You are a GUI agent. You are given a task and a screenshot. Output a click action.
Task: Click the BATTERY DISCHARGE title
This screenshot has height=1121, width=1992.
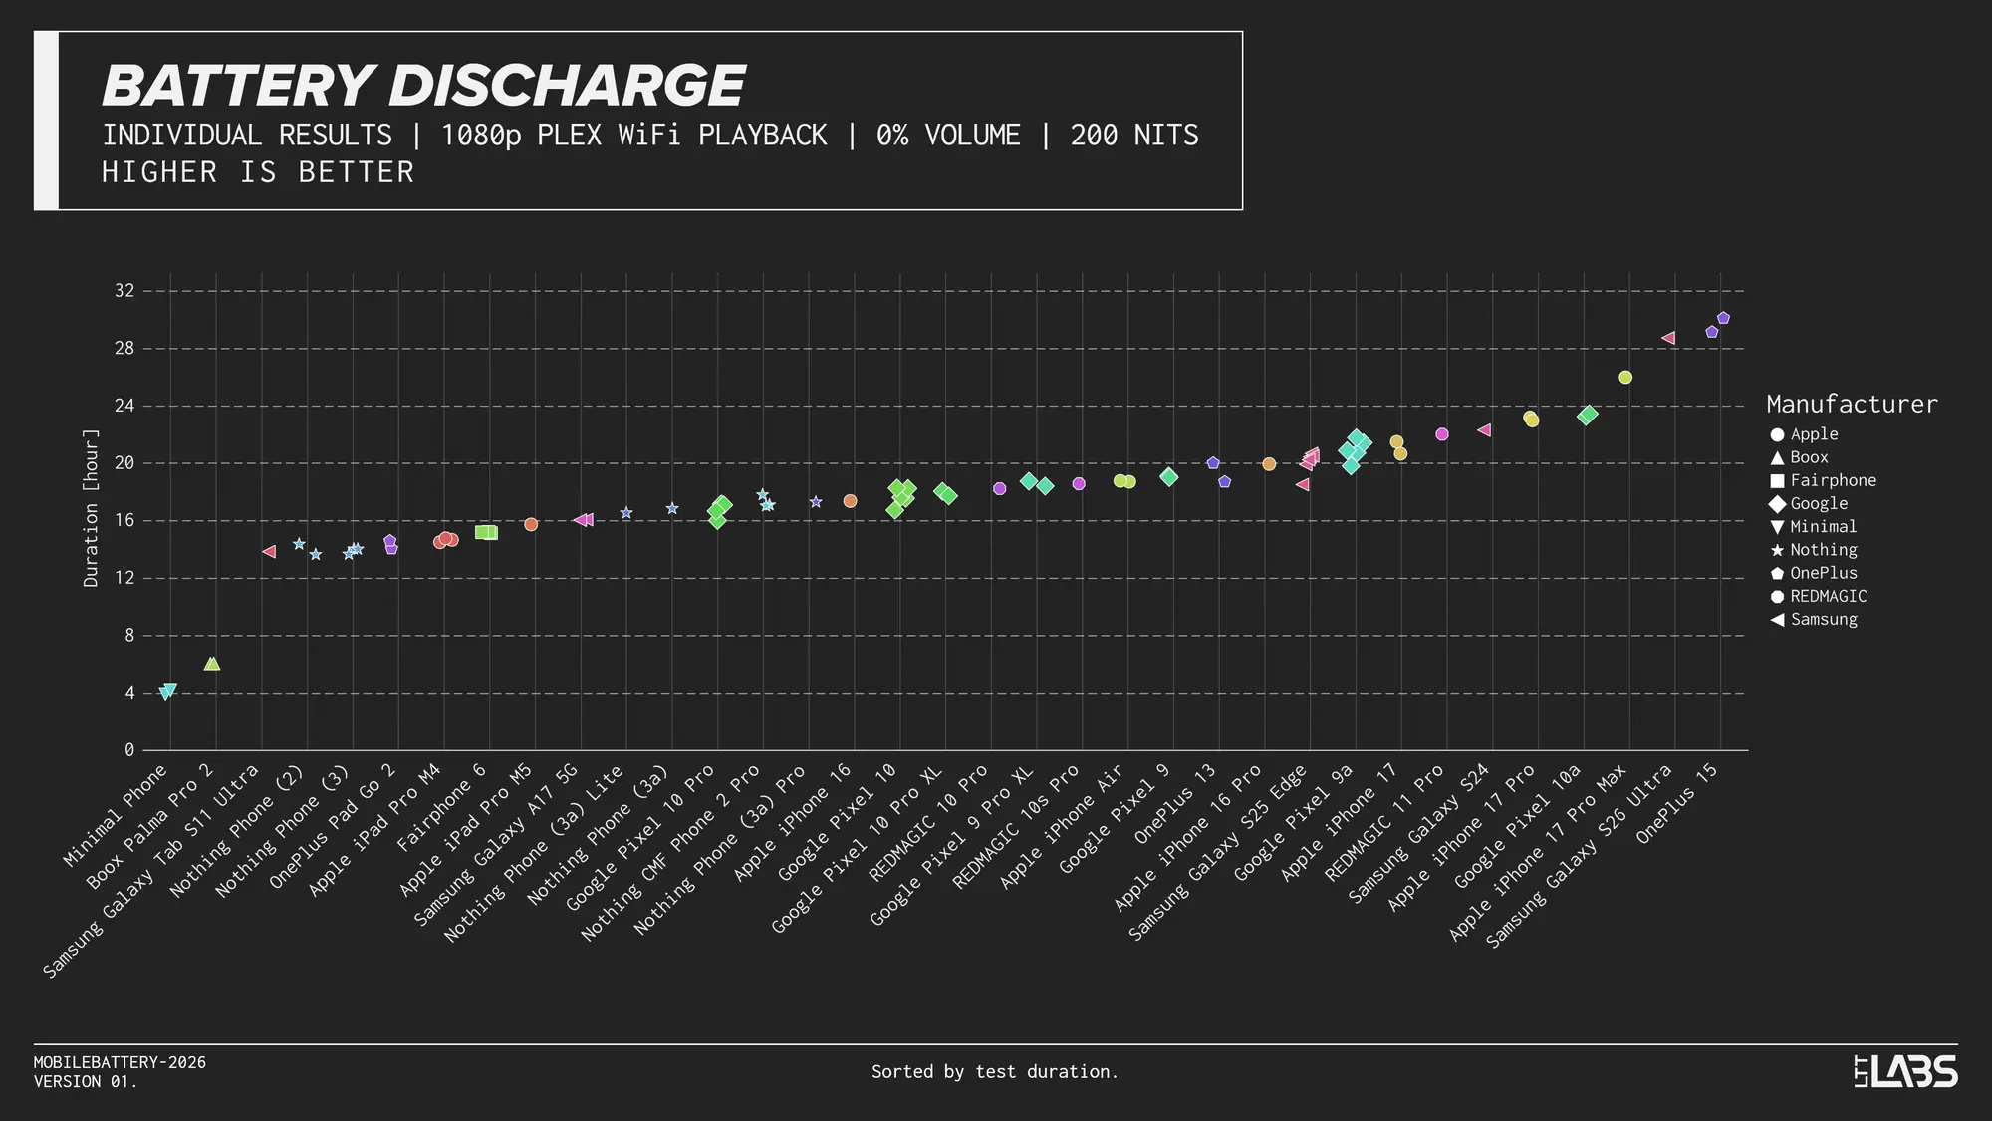423,86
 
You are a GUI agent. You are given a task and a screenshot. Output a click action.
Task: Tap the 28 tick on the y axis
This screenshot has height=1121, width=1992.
124,349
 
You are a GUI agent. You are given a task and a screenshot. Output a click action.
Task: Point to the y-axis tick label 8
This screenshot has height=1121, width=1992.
128,636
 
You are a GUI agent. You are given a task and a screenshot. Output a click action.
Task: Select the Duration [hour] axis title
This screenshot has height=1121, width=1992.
91,508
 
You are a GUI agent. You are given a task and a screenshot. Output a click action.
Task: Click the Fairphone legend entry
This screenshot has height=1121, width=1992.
1833,480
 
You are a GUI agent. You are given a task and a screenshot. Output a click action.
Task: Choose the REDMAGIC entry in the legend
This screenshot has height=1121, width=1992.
1828,596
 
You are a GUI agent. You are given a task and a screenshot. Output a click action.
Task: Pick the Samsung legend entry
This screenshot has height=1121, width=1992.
1823,619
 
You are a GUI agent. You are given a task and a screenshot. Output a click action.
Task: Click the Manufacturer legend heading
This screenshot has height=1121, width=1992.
1852,404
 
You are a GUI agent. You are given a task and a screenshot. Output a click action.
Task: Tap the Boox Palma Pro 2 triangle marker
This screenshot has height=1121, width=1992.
211,664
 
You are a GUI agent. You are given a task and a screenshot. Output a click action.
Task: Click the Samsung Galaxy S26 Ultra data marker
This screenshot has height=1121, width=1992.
1668,338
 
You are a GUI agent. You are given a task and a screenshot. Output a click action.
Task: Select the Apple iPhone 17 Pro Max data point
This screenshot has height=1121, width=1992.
1625,378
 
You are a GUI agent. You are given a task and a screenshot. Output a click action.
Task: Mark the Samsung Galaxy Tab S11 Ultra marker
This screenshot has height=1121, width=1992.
269,551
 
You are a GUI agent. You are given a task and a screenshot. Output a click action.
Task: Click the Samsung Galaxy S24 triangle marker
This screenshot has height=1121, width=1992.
1484,430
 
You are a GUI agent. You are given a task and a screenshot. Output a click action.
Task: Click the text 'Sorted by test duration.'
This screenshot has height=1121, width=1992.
994,1072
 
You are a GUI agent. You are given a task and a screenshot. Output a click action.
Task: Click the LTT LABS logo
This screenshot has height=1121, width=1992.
1905,1072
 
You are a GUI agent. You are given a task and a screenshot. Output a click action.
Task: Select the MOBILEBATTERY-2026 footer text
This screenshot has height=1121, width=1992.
120,1062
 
